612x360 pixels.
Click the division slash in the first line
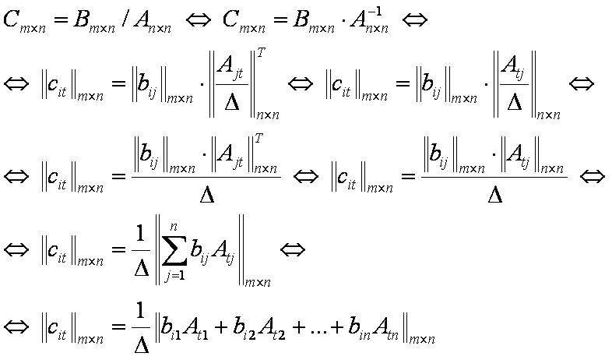click(x=124, y=19)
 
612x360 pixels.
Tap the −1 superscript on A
click(x=374, y=12)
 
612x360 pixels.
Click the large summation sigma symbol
click(x=174, y=249)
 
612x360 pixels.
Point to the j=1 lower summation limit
click(x=174, y=276)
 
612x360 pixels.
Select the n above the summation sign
click(x=174, y=227)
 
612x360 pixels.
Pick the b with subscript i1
click(x=171, y=327)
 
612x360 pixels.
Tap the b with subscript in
click(x=359, y=327)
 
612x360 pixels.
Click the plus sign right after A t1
click(x=221, y=328)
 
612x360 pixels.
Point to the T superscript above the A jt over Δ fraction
click(x=261, y=54)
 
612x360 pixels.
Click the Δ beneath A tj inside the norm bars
click(x=515, y=101)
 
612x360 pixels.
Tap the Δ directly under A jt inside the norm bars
click(x=232, y=101)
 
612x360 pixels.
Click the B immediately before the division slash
click(x=81, y=19)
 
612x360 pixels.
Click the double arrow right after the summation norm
click(x=293, y=249)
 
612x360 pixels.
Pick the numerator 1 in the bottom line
click(x=140, y=311)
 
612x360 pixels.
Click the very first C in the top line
click(x=12, y=19)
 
